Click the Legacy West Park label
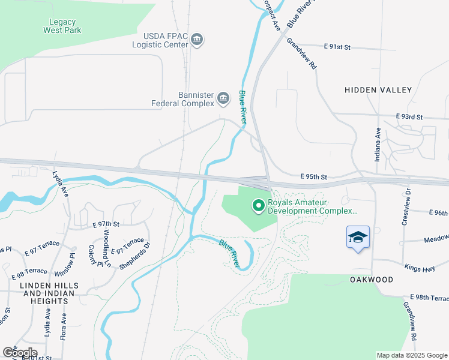click(x=62, y=26)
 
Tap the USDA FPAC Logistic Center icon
click(x=197, y=41)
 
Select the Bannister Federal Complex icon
click(x=223, y=97)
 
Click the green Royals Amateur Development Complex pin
click(x=259, y=206)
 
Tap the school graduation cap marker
click(x=358, y=237)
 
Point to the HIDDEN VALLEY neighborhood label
click(x=378, y=90)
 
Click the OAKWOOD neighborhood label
click(x=372, y=280)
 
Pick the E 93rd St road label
click(x=409, y=116)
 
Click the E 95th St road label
click(x=314, y=177)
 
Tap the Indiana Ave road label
click(x=378, y=142)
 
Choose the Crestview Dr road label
click(x=408, y=207)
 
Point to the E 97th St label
click(x=106, y=224)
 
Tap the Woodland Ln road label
click(x=106, y=248)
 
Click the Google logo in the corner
click(x=19, y=352)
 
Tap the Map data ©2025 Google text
click(x=412, y=355)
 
